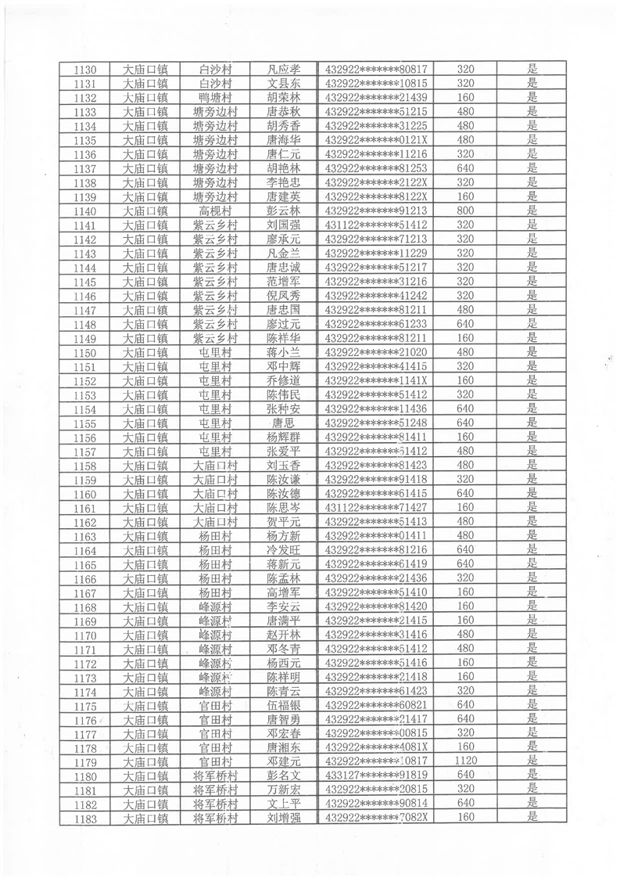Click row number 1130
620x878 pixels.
tap(84, 70)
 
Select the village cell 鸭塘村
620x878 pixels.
tap(215, 98)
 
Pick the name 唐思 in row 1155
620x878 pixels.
tap(284, 423)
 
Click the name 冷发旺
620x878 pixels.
tap(284, 550)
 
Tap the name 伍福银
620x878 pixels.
tap(284, 705)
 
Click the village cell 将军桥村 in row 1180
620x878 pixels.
tap(215, 775)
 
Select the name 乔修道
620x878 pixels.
tap(284, 380)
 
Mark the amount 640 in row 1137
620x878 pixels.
tap(466, 168)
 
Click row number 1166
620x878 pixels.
tap(84, 579)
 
